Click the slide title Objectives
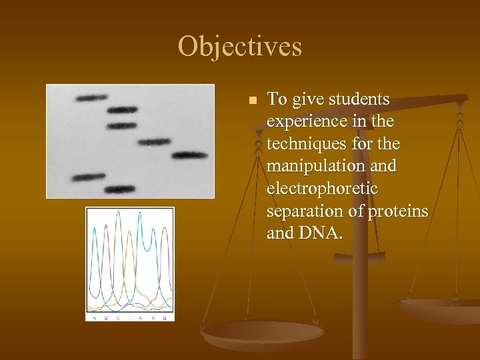(x=239, y=47)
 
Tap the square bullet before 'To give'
(x=252, y=101)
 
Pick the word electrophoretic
(x=322, y=189)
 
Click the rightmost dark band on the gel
(x=190, y=156)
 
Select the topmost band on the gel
(x=91, y=98)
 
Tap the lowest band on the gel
(x=119, y=190)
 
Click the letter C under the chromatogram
(x=119, y=317)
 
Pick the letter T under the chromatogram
(x=131, y=317)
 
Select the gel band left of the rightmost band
(x=155, y=141)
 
